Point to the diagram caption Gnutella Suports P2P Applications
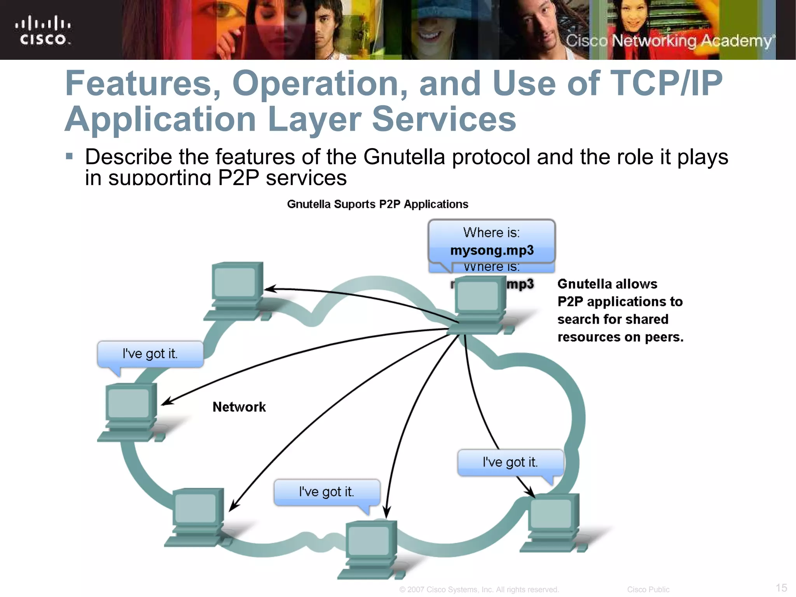click(x=377, y=204)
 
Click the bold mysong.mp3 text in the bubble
click(x=492, y=250)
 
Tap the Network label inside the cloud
click(x=239, y=407)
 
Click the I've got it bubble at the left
click(x=150, y=354)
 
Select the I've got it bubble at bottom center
click(x=326, y=492)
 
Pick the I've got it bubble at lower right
click(x=510, y=463)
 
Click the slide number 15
click(x=781, y=588)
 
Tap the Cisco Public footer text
click(x=648, y=590)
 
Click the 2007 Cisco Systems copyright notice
click(x=479, y=590)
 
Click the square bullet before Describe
click(x=70, y=157)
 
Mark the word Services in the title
click(x=444, y=119)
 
